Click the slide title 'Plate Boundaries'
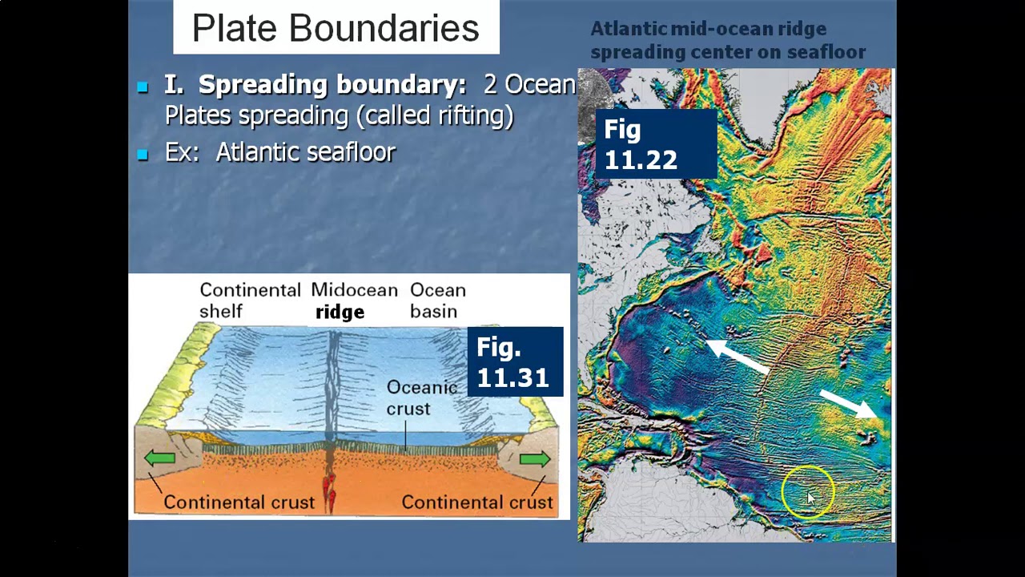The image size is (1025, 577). (336, 28)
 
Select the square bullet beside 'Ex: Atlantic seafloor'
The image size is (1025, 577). (143, 155)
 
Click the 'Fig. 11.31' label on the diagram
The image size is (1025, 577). (513, 362)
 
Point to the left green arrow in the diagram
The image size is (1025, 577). (160, 458)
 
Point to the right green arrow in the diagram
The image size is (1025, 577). (534, 458)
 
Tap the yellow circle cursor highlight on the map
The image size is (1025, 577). (808, 493)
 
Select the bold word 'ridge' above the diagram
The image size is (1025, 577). (340, 313)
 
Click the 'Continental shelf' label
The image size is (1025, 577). (249, 301)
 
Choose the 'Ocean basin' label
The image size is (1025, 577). (437, 301)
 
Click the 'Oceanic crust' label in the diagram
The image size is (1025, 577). (421, 397)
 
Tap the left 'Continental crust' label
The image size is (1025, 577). (239, 502)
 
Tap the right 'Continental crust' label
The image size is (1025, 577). (476, 502)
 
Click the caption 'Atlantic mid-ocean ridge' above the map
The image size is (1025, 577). (708, 29)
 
